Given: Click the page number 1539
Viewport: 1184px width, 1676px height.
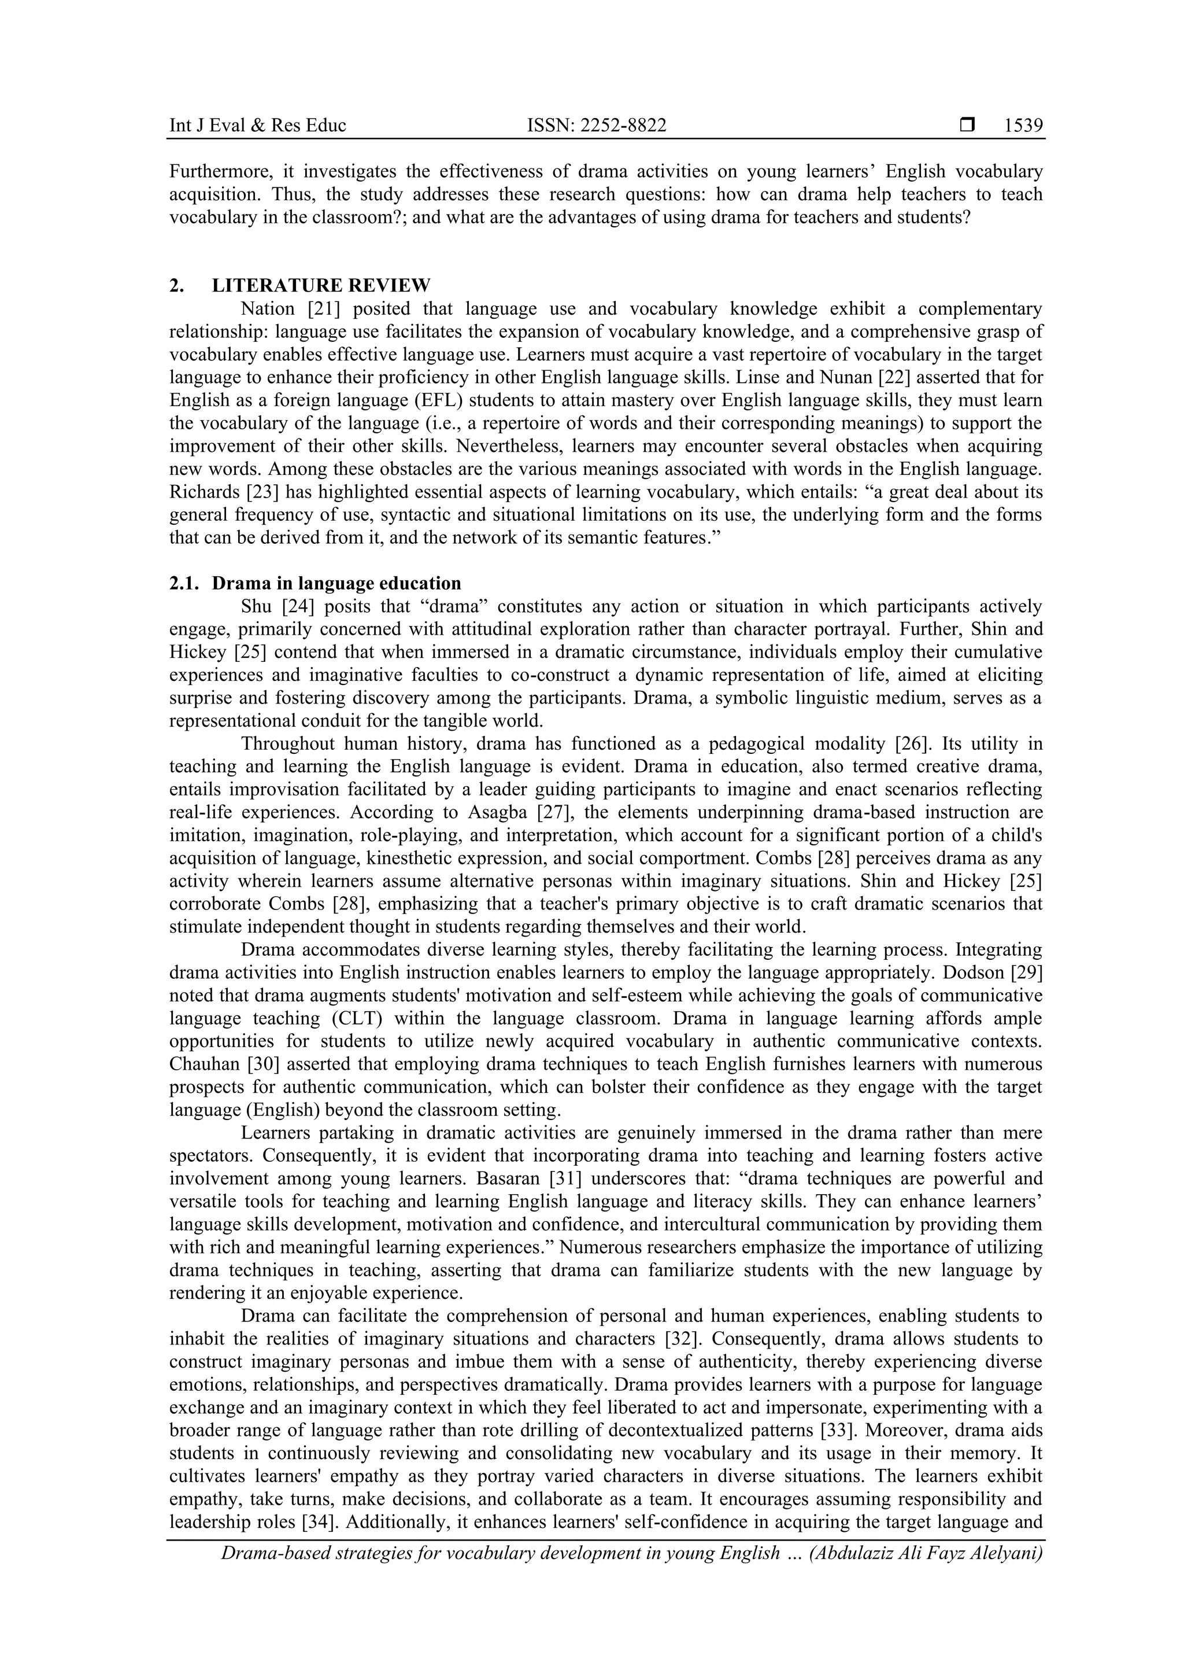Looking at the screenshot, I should (1023, 126).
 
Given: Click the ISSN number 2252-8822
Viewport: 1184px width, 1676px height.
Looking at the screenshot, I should (596, 126).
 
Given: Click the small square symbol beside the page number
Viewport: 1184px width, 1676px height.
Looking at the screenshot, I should (967, 126).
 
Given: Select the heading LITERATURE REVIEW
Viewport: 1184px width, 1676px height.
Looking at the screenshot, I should (321, 285).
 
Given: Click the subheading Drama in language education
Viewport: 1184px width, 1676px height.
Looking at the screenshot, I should (336, 583).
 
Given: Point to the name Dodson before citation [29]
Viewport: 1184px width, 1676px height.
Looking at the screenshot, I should (976, 973).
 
